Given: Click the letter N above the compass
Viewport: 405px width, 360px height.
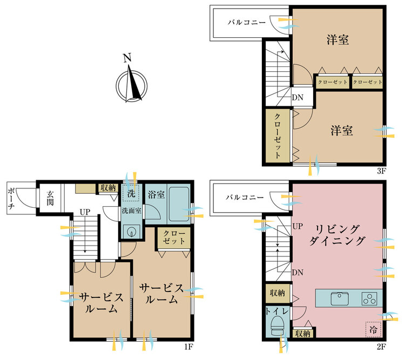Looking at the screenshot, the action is point(127,58).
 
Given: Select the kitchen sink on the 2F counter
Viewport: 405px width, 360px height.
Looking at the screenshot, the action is point(340,298).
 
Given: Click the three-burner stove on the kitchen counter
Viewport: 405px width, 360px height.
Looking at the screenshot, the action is point(369,298).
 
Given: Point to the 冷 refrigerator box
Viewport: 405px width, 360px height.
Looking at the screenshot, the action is point(373,330).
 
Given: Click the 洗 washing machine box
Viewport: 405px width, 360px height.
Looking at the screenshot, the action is point(131,193).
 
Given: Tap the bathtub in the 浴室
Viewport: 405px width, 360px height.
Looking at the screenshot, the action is point(179,204).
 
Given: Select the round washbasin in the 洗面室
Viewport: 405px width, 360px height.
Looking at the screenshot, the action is point(132,232).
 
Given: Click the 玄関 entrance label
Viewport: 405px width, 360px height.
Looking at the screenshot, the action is point(50,198).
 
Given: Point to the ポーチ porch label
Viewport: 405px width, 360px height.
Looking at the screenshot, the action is point(11,198).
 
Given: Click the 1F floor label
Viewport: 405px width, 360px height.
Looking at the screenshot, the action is point(188,347).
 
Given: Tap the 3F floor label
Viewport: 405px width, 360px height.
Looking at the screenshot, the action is point(381,171).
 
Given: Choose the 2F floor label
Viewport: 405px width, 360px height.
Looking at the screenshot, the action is point(381,347).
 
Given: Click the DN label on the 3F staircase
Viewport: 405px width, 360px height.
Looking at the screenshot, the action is point(298,97).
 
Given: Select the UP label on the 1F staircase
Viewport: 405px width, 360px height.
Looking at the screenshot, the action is point(85,212).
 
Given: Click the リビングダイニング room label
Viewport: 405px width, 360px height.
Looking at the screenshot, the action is point(337,235).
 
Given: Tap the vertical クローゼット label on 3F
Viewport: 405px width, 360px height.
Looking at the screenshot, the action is point(278,135).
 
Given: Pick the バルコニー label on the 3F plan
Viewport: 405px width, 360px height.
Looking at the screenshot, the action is point(247,23).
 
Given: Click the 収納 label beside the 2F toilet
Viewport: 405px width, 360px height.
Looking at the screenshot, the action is point(278,293).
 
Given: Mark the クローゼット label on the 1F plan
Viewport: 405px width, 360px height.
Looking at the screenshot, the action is point(174,237).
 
